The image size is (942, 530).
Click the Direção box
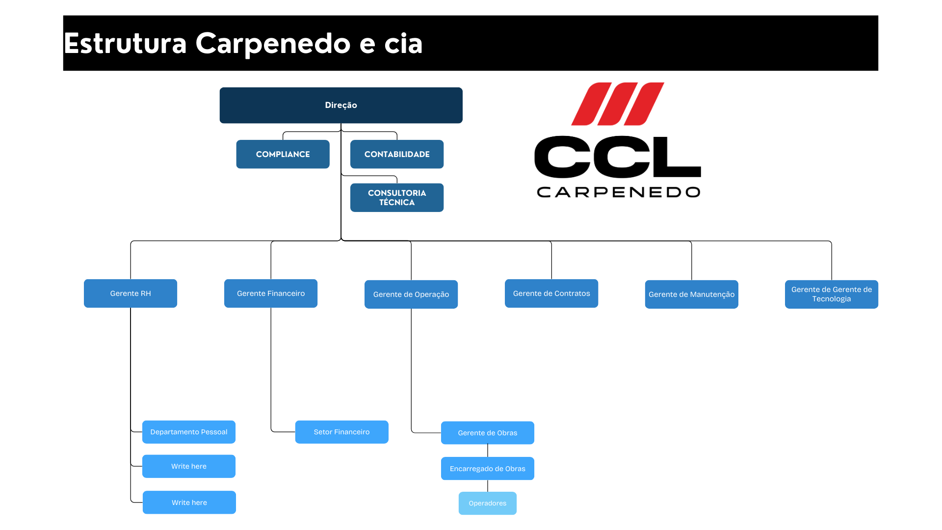tap(341, 105)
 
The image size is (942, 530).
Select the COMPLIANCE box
tap(283, 154)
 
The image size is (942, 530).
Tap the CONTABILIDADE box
tap(397, 154)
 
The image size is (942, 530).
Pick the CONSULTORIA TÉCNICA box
tap(397, 198)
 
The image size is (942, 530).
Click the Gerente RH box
tap(131, 293)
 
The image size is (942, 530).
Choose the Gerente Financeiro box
tap(271, 293)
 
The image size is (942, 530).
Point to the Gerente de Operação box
tap(411, 294)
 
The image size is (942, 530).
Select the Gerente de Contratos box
tap(551, 293)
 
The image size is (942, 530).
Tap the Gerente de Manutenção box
tap(692, 294)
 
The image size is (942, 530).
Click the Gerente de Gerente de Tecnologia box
tap(832, 294)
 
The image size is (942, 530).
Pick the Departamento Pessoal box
tap(189, 432)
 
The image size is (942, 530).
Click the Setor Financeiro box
tap(342, 432)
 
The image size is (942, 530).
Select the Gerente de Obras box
tap(488, 433)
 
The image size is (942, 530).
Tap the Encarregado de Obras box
tap(488, 469)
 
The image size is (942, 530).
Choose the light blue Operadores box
tap(488, 503)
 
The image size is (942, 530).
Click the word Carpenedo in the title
tap(273, 44)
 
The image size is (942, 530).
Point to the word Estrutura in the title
tap(125, 43)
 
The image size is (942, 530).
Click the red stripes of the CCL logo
tap(618, 104)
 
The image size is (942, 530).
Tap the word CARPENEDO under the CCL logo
tap(618, 192)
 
